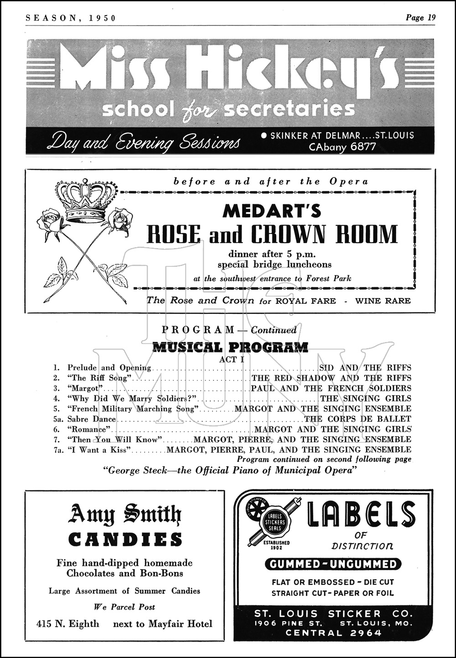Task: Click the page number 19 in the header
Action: point(431,18)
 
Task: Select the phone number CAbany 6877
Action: point(342,147)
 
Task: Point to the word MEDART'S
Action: point(272,211)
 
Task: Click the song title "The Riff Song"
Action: point(100,378)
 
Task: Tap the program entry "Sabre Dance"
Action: point(92,419)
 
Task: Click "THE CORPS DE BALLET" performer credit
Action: point(358,419)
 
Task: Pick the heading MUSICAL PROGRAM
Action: point(230,347)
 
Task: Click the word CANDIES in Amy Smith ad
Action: point(125,540)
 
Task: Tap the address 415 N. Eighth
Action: point(67,624)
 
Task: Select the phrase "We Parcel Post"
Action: point(124,607)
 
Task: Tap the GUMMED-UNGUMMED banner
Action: point(333,564)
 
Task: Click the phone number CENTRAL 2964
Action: point(333,632)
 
